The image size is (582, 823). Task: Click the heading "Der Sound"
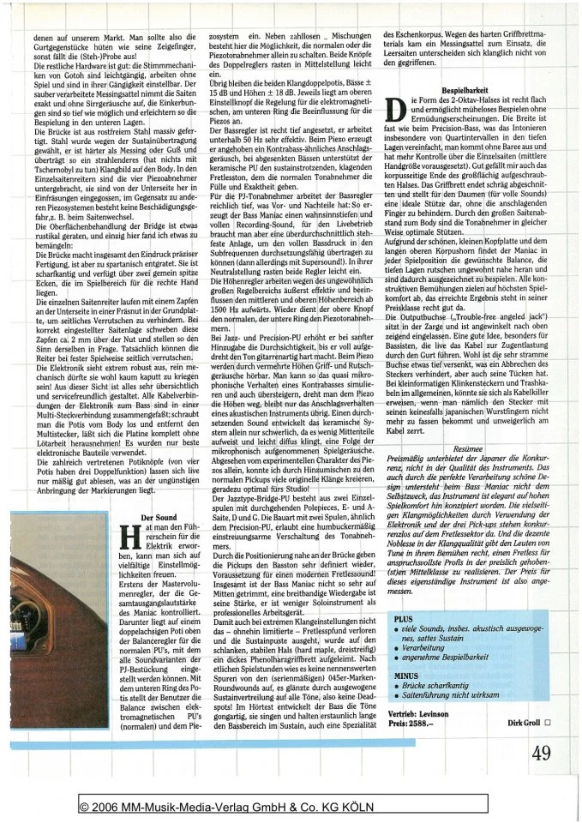(x=157, y=517)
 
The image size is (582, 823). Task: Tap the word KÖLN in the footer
(x=399, y=807)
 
